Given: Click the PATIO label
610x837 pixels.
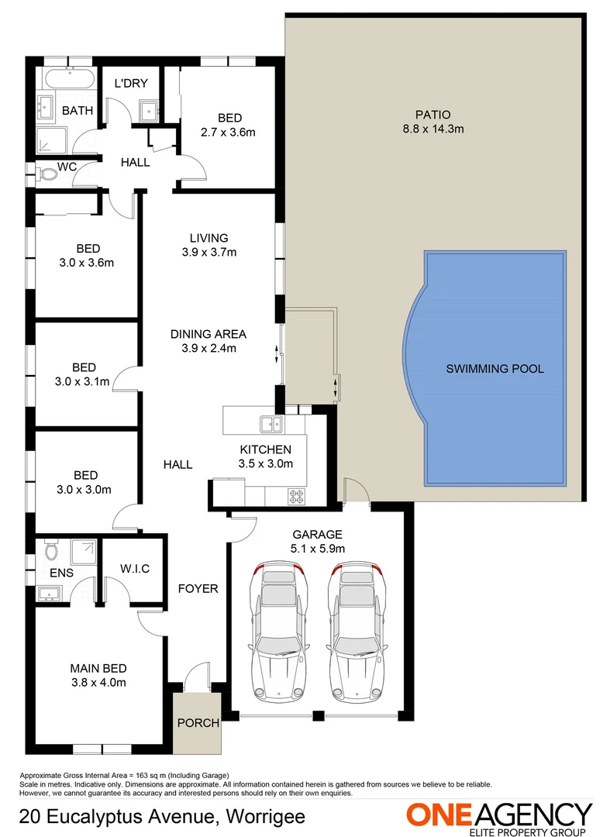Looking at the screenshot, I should coord(433,115).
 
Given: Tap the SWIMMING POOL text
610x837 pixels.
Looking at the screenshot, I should coord(495,369).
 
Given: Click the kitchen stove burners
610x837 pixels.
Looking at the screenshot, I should coord(297,495).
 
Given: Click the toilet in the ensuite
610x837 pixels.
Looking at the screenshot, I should coord(51,552).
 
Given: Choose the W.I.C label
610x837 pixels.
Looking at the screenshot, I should coord(135,569).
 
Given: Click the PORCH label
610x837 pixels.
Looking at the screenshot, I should coord(198,723).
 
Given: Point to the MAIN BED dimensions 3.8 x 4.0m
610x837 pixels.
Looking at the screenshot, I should coord(98,683).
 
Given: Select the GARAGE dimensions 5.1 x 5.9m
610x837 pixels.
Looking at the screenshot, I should coord(317,549).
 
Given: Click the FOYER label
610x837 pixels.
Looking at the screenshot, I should coord(198,588).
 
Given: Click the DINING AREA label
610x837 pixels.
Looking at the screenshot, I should coord(209,334).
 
